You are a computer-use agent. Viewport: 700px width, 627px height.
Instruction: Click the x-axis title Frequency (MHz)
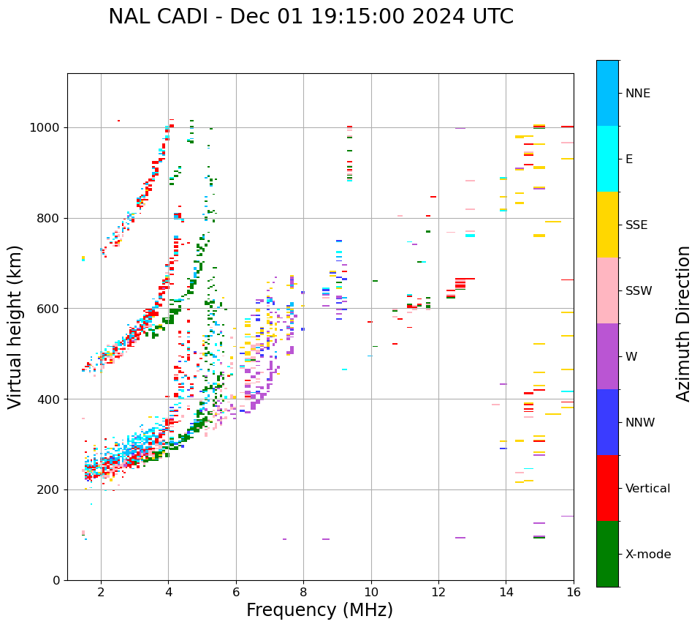point(319,610)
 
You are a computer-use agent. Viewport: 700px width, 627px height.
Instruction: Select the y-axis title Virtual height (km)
point(15,327)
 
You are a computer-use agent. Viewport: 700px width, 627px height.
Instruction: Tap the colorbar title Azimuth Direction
point(683,323)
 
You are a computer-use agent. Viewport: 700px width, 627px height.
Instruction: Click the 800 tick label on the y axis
point(49,218)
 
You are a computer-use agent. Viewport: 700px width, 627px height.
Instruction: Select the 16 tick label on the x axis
point(574,592)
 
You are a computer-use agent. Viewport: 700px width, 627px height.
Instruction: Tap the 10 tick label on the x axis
point(371,592)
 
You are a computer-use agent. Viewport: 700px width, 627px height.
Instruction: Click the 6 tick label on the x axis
point(236,592)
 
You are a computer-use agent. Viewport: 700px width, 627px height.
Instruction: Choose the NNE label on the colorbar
point(638,94)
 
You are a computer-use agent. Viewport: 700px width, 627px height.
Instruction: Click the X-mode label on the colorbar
point(648,555)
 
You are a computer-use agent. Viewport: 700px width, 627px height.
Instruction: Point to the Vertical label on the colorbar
point(648,489)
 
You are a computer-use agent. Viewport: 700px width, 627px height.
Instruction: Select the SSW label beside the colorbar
point(639,291)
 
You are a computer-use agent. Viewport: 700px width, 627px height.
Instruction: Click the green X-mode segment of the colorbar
point(607,554)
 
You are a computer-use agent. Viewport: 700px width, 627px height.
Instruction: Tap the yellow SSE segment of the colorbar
point(607,225)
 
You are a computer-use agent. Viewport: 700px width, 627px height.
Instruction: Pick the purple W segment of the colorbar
point(607,356)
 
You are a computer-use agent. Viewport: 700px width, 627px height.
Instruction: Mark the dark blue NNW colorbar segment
point(607,422)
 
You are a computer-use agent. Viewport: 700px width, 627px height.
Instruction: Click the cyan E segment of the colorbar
point(607,159)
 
